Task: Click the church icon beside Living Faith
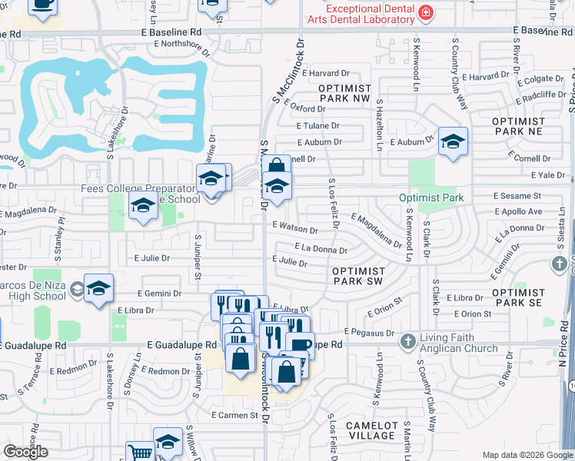point(407,340)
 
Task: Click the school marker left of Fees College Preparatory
point(143,206)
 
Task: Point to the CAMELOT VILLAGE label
point(372,430)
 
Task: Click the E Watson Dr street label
point(294,229)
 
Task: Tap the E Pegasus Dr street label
point(369,332)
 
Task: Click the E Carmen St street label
point(234,415)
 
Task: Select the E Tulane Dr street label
point(317,125)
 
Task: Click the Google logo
point(25,452)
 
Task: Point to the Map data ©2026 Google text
point(527,455)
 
